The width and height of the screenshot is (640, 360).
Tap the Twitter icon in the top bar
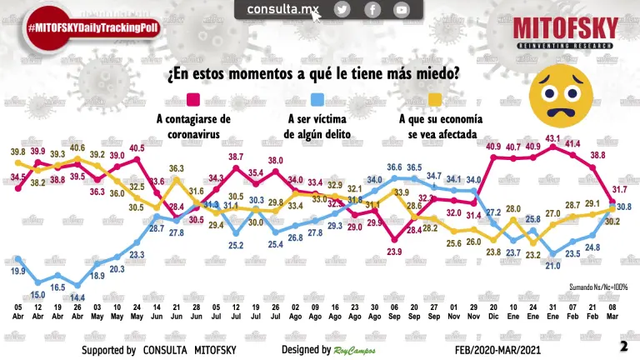(x=342, y=9)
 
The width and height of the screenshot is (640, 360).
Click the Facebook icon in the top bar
(x=372, y=9)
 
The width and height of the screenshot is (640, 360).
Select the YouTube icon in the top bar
(x=402, y=9)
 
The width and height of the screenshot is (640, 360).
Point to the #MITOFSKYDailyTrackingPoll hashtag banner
(x=92, y=27)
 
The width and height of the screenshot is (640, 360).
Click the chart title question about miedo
(x=312, y=74)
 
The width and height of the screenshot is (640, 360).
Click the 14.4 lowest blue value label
(x=77, y=297)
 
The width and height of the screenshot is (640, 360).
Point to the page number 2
(x=623, y=346)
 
